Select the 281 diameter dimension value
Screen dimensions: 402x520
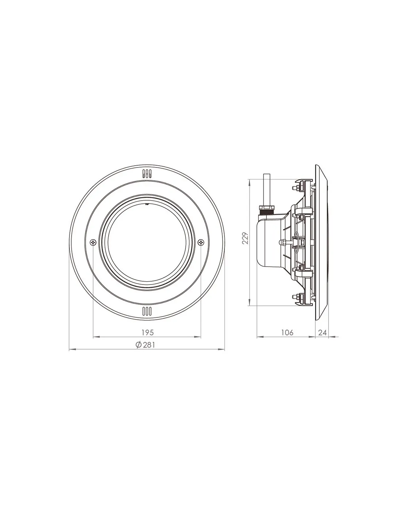(149, 345)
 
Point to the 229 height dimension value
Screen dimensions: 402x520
(245, 238)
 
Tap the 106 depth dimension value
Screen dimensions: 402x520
(287, 332)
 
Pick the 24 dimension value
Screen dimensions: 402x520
(323, 332)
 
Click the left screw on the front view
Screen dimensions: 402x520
(93, 242)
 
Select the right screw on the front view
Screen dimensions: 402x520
(201, 242)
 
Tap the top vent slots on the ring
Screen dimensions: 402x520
(147, 174)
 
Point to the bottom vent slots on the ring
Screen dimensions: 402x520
(147, 311)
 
